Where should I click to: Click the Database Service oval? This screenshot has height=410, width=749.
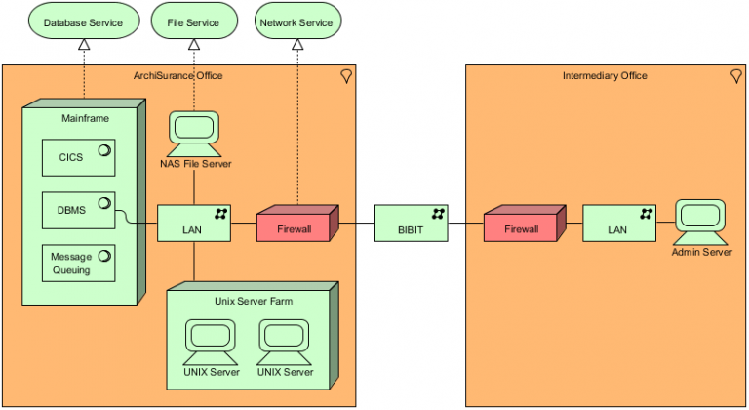83,20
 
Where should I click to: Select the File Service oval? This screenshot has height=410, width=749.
193,20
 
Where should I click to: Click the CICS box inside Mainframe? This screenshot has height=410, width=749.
78,157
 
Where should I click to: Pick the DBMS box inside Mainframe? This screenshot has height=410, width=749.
78,210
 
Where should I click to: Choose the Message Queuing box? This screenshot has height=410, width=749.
78,263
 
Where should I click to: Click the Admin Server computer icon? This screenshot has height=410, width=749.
701,223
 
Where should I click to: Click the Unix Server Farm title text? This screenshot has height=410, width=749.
253,301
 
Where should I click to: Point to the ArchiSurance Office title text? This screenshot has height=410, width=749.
177,76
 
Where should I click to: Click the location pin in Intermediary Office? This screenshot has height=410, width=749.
735,76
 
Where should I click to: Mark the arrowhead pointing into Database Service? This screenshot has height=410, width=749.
84,45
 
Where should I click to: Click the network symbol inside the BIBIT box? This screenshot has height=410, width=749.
438,212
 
